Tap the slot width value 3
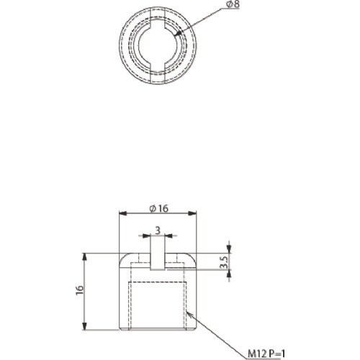click(158, 231)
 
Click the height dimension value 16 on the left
click(79, 290)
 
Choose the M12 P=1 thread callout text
click(266, 352)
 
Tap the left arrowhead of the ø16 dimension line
click(121, 214)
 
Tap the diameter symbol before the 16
click(152, 208)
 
